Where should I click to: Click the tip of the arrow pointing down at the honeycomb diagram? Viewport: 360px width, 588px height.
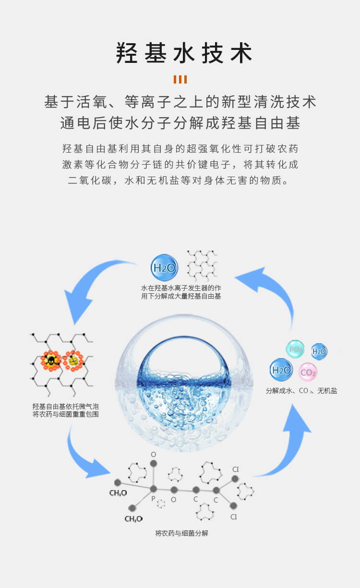pos(74,324)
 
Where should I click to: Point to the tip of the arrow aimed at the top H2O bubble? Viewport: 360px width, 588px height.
pos(235,277)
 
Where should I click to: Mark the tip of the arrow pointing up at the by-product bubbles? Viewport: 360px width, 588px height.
pos(292,404)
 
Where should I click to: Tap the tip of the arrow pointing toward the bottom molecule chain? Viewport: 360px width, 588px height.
pos(110,473)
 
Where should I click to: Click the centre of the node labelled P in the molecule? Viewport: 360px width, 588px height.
pos(153,489)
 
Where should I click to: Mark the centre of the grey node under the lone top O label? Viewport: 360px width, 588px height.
pos(154,464)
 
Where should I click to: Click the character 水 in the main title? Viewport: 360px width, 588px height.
pos(184,53)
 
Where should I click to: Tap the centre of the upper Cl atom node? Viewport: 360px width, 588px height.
pos(235,479)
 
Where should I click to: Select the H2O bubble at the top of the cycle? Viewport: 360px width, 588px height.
pos(165,267)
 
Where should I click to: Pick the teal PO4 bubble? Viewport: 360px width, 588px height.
pos(295,349)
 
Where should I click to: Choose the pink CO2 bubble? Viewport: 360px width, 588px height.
pos(308,372)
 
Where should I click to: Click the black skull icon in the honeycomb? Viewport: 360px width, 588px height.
pos(51,360)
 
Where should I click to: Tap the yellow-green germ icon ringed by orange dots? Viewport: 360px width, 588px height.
pos(73,361)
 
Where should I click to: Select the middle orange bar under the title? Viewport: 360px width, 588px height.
pos(180,79)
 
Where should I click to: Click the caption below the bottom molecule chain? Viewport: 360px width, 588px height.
pos(182,533)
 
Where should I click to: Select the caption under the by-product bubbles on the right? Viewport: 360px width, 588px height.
pos(301,391)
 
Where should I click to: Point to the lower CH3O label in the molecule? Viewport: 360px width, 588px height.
pos(133,519)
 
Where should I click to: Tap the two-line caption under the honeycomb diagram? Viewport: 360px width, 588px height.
pos(66,410)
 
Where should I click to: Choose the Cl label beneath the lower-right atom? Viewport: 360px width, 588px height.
pos(234,516)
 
